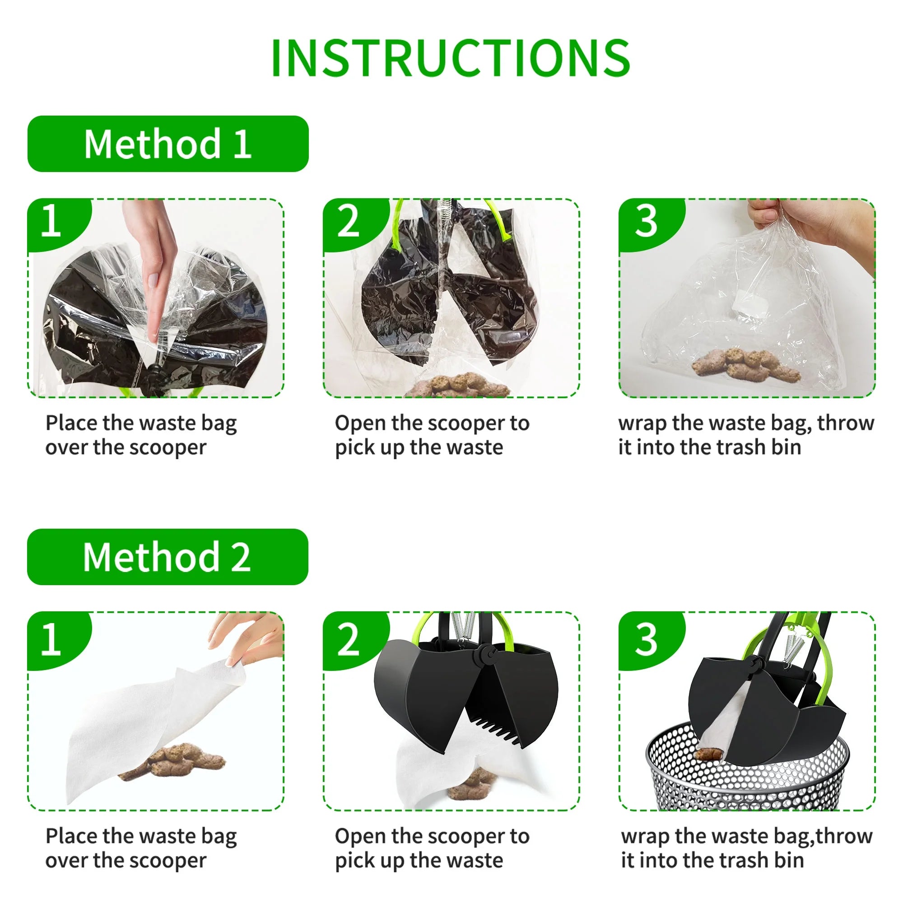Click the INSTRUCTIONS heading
coord(451,58)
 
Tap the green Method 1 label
coord(168,144)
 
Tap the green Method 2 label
coord(168,557)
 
